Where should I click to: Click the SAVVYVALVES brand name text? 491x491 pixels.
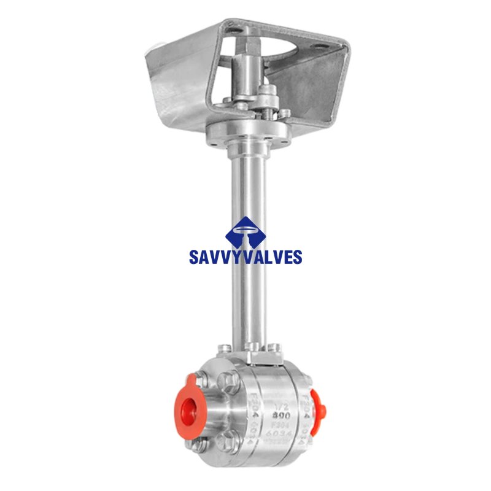coord(245,257)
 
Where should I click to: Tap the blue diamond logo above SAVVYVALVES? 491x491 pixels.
coord(245,233)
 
